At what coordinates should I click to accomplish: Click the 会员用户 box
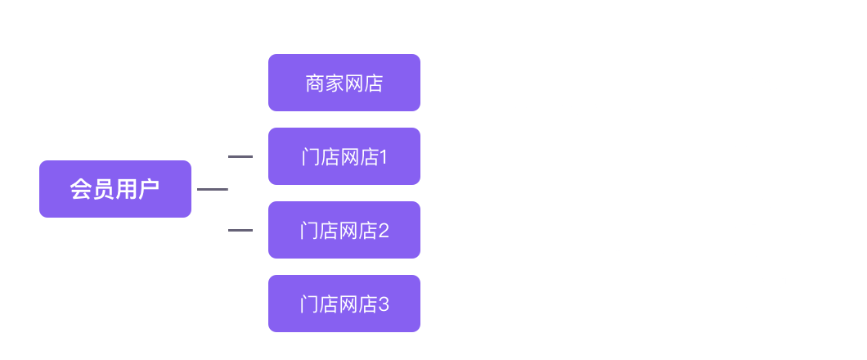[115, 189]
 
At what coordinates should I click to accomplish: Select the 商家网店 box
[344, 83]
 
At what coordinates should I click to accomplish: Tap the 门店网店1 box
[344, 156]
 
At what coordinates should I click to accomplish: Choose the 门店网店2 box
[344, 230]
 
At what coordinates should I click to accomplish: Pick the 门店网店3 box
[344, 304]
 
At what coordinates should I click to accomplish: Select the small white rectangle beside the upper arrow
[759, 83]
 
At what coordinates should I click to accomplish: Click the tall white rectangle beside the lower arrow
[759, 228]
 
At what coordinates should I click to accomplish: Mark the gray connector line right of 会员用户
[211, 189]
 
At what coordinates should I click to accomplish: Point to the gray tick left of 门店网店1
[240, 156]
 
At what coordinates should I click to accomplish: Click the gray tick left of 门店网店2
[240, 230]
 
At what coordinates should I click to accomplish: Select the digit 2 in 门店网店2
[383, 231]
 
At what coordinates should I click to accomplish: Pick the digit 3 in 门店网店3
[383, 304]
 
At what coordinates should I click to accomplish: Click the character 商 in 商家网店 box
[315, 83]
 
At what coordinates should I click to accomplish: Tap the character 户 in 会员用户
[148, 190]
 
